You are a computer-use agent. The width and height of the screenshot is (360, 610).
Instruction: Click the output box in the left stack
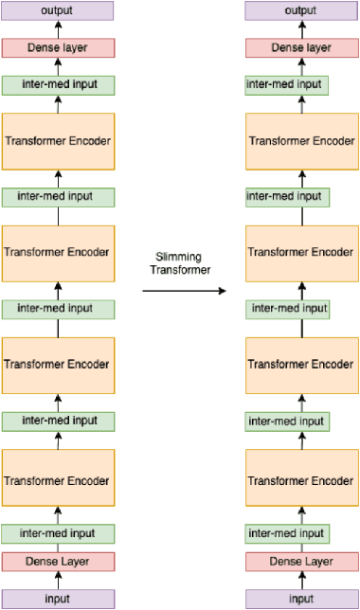pos(59,11)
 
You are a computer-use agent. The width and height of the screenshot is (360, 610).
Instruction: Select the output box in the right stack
pos(301,11)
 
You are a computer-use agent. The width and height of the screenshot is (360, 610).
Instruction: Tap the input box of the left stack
pos(59,599)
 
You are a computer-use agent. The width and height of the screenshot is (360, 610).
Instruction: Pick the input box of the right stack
pos(301,599)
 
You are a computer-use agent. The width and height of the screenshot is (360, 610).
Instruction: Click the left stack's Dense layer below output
pos(59,47)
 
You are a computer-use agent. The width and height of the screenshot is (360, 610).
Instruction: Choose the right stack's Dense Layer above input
pos(301,562)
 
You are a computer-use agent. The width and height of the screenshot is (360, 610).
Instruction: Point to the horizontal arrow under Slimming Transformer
pos(186,290)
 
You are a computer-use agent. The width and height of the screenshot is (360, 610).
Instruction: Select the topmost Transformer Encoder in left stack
pos(59,141)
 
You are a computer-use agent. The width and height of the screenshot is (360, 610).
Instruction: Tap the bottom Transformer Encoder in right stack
pos(301,476)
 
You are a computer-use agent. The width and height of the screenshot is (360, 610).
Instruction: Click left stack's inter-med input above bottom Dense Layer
pos(59,533)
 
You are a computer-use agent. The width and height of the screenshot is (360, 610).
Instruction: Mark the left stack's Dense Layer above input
pos(59,562)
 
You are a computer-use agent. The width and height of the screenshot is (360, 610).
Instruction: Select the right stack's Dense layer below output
pos(301,47)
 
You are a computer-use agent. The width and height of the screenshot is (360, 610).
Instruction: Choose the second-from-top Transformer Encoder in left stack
pos(59,253)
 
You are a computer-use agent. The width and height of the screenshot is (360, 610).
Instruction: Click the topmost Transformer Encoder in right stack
pos(301,141)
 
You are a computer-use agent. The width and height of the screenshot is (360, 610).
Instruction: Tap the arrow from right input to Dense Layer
pos(301,581)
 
